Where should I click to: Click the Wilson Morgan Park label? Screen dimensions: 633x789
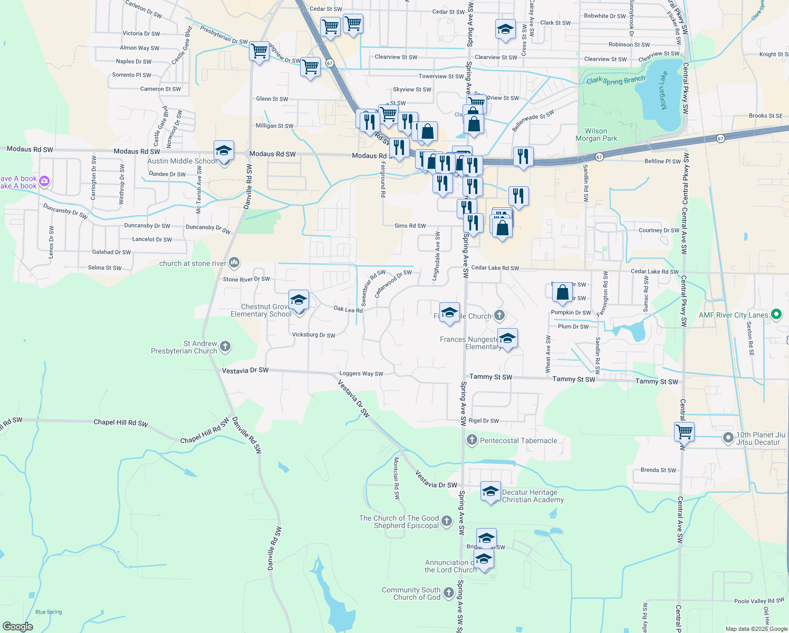(596, 135)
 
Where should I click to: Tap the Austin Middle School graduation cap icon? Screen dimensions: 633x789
(224, 151)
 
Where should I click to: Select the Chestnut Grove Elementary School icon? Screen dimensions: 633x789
(299, 300)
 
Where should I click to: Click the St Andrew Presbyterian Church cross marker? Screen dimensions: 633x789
(225, 347)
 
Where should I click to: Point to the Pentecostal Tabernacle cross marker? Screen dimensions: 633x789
(472, 440)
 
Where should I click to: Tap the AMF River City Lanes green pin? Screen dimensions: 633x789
(776, 315)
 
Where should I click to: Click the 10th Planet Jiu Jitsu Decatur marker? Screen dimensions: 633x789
(728, 438)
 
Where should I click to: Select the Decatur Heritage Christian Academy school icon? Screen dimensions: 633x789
(490, 492)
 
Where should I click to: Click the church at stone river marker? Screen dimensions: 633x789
(235, 262)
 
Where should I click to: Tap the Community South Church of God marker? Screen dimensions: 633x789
(449, 593)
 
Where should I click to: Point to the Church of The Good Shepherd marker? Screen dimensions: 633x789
(447, 522)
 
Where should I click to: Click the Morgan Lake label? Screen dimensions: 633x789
(663, 91)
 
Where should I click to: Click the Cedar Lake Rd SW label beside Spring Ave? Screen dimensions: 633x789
(495, 268)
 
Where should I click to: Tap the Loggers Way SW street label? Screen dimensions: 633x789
(361, 373)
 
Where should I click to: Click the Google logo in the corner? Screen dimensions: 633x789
(18, 627)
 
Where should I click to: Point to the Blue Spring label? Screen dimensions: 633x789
(49, 612)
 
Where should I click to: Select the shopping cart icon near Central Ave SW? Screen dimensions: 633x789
(684, 431)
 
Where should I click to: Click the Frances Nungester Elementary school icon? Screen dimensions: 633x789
(507, 338)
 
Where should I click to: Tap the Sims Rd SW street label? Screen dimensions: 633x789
(410, 226)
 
